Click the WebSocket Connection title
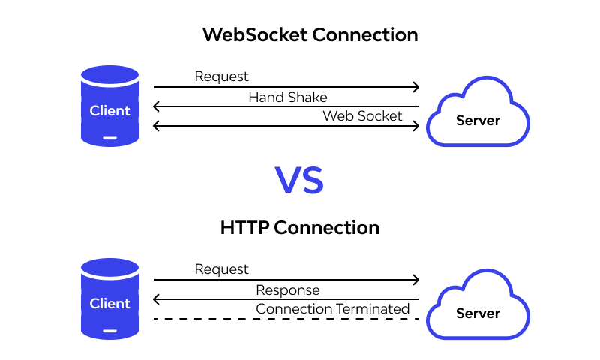click(x=310, y=35)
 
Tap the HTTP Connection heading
click(x=300, y=227)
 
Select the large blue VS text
click(x=299, y=181)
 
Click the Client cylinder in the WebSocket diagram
click(x=110, y=106)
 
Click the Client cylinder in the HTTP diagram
click(x=110, y=298)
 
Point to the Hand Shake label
click(x=287, y=97)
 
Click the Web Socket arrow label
click(x=362, y=116)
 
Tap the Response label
click(x=287, y=290)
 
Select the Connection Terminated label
click(x=332, y=309)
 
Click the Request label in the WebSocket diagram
click(x=221, y=76)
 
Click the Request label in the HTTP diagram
click(x=221, y=268)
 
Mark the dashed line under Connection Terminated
click(x=285, y=319)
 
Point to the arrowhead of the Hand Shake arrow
click(x=156, y=106)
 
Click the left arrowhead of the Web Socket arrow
click(x=156, y=126)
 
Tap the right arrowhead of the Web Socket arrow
click(x=415, y=126)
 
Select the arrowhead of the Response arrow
click(x=156, y=299)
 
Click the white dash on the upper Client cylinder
click(x=110, y=137)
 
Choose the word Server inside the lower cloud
click(x=478, y=313)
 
